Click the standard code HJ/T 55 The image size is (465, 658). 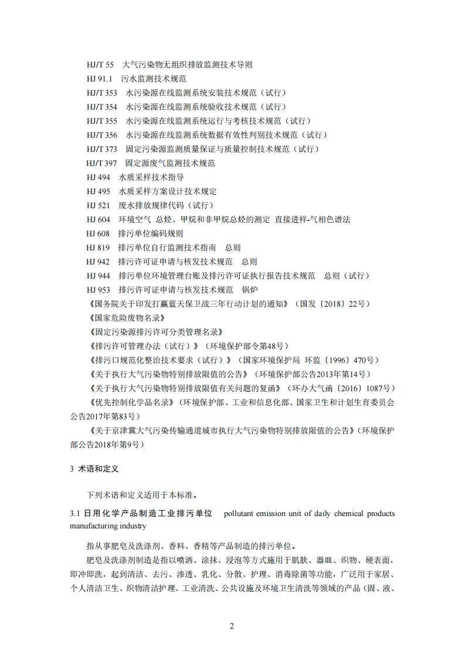pyautogui.click(x=99, y=65)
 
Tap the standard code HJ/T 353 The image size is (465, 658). pyautogui.click(x=101, y=93)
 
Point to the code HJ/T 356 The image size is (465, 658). pyautogui.click(x=101, y=135)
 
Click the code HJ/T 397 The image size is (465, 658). pyautogui.click(x=101, y=163)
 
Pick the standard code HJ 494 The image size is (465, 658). pyautogui.click(x=98, y=177)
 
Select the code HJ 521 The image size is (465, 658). pyautogui.click(x=98, y=205)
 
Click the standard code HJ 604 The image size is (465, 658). pyautogui.click(x=98, y=219)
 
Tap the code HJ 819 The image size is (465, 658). pyautogui.click(x=98, y=247)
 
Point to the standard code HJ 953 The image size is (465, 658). pyautogui.click(x=98, y=290)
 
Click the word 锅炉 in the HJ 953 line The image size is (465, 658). pyautogui.click(x=250, y=290)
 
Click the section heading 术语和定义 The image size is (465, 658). pyautogui.click(x=98, y=469)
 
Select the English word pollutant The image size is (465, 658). pyautogui.click(x=242, y=514)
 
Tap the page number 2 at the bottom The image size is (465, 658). pyautogui.click(x=232, y=626)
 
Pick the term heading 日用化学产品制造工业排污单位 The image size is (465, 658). pyautogui.click(x=149, y=514)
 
